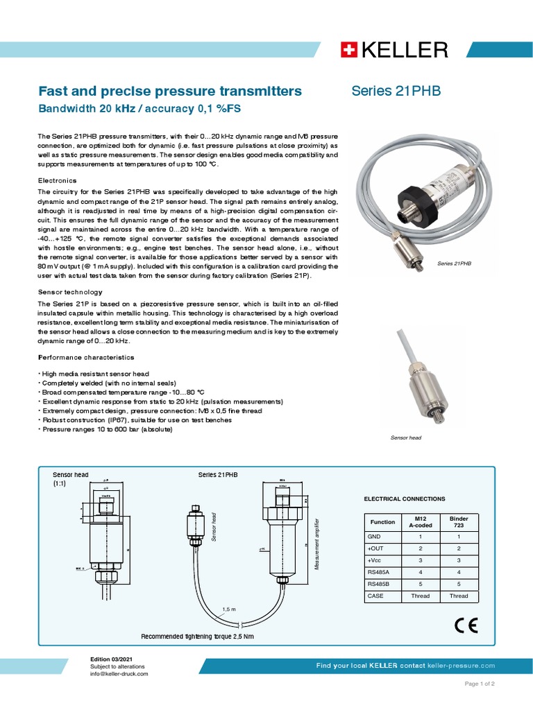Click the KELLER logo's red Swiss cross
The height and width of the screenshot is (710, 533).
click(x=348, y=50)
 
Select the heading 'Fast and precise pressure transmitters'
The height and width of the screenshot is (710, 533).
click(x=169, y=92)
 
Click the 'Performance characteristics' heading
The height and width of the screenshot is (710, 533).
click(x=85, y=357)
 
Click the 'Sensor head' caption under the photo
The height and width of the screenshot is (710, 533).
click(x=406, y=438)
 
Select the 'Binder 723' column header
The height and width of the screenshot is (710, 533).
click(x=459, y=522)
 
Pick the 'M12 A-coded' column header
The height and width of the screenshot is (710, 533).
click(x=422, y=522)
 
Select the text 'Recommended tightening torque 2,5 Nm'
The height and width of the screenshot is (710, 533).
click(x=197, y=636)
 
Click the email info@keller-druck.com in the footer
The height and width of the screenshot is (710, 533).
click(x=119, y=673)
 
